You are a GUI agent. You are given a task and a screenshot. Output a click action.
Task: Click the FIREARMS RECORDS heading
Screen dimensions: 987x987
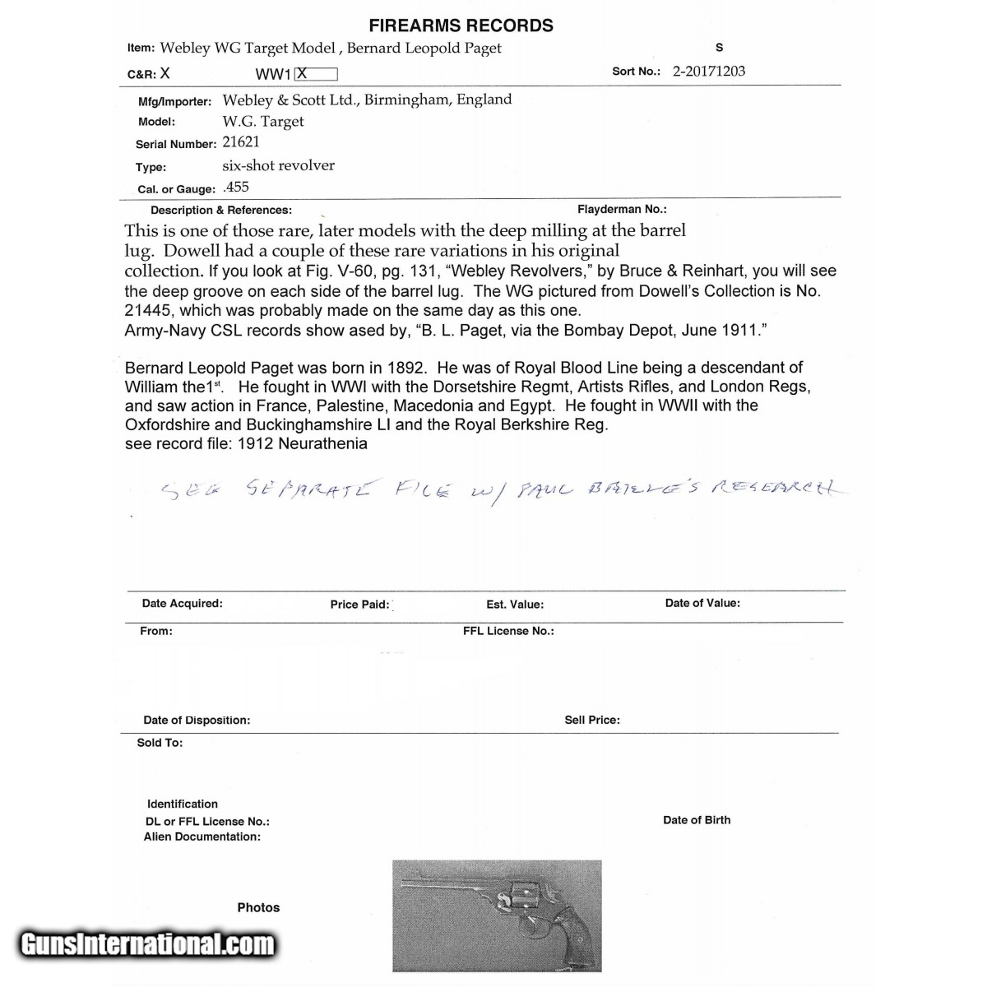coord(461,25)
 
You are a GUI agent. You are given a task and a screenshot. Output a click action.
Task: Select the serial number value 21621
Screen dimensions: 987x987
coord(241,142)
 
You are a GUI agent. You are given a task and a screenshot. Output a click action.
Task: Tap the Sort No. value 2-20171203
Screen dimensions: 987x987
coord(709,71)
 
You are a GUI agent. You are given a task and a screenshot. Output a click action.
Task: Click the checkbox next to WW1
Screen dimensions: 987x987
coord(317,74)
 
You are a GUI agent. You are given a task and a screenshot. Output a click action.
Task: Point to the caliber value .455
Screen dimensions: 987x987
coord(236,188)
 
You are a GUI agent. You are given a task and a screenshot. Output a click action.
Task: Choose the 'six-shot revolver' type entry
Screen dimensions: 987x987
coord(278,165)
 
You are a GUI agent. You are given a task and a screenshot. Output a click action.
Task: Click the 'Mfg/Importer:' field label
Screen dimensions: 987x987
coord(175,102)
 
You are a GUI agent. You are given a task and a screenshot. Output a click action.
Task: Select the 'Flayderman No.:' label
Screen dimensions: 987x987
coord(622,210)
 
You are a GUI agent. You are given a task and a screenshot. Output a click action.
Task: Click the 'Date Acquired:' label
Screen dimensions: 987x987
coord(182,604)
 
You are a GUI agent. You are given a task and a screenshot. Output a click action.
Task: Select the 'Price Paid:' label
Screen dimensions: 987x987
coord(359,605)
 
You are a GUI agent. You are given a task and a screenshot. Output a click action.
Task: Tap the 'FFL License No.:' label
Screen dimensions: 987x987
coord(508,631)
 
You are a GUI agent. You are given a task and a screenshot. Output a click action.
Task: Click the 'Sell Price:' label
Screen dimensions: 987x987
coord(592,720)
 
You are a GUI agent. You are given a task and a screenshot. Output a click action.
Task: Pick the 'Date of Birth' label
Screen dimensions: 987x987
coord(697,820)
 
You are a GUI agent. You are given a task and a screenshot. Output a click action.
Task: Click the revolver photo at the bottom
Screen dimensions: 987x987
coord(497,915)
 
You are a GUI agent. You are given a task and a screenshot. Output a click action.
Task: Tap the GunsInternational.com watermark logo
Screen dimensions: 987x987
coord(148,943)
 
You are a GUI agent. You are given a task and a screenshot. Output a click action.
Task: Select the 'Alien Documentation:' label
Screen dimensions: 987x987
coord(202,837)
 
